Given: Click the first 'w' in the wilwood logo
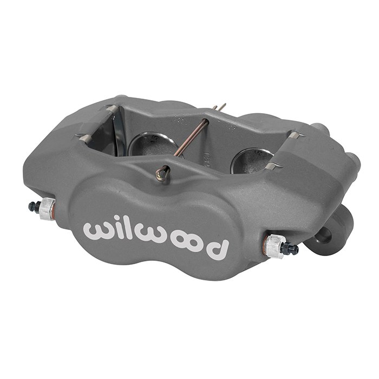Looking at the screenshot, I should coord(98,230).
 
